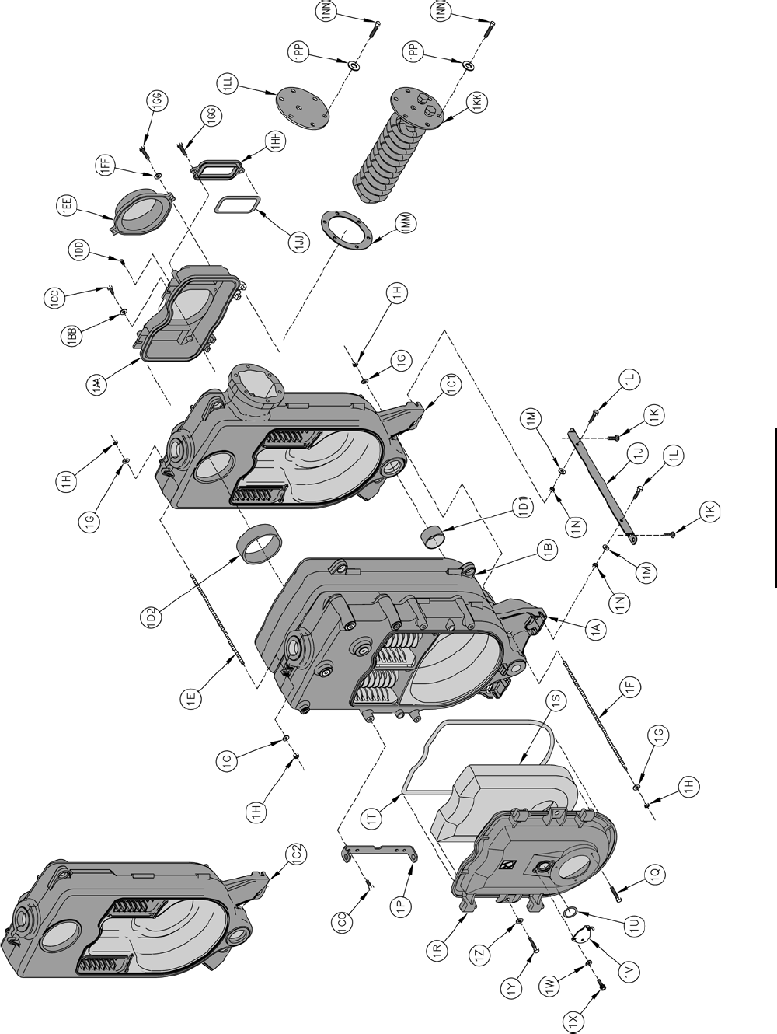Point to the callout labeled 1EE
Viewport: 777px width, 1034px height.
tap(68, 205)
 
